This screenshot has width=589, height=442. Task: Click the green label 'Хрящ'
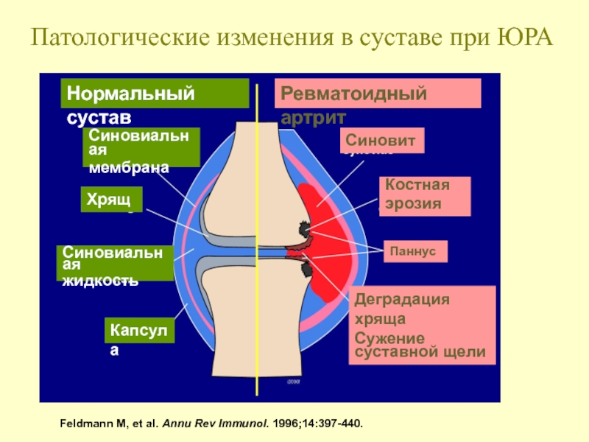pos(110,200)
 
